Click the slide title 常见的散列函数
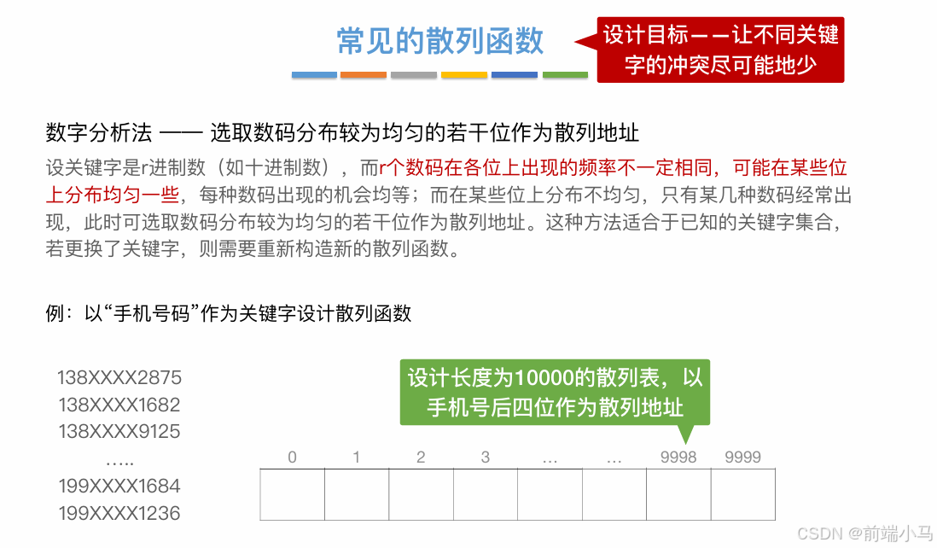[x=440, y=41]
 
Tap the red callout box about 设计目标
[x=720, y=50]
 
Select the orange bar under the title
[x=364, y=75]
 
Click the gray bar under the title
[x=414, y=75]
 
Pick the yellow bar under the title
[x=464, y=75]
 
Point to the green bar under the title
[x=565, y=75]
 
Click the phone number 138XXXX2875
[x=119, y=377]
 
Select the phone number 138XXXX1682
[x=119, y=405]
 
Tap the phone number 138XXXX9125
[x=119, y=431]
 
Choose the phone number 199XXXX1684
[x=119, y=486]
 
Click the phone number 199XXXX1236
[x=119, y=513]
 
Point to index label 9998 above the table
[x=678, y=458]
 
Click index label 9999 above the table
[x=742, y=458]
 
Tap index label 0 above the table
[x=292, y=458]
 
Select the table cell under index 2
[x=421, y=494]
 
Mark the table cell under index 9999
[x=742, y=494]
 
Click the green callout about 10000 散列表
[x=555, y=392]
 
